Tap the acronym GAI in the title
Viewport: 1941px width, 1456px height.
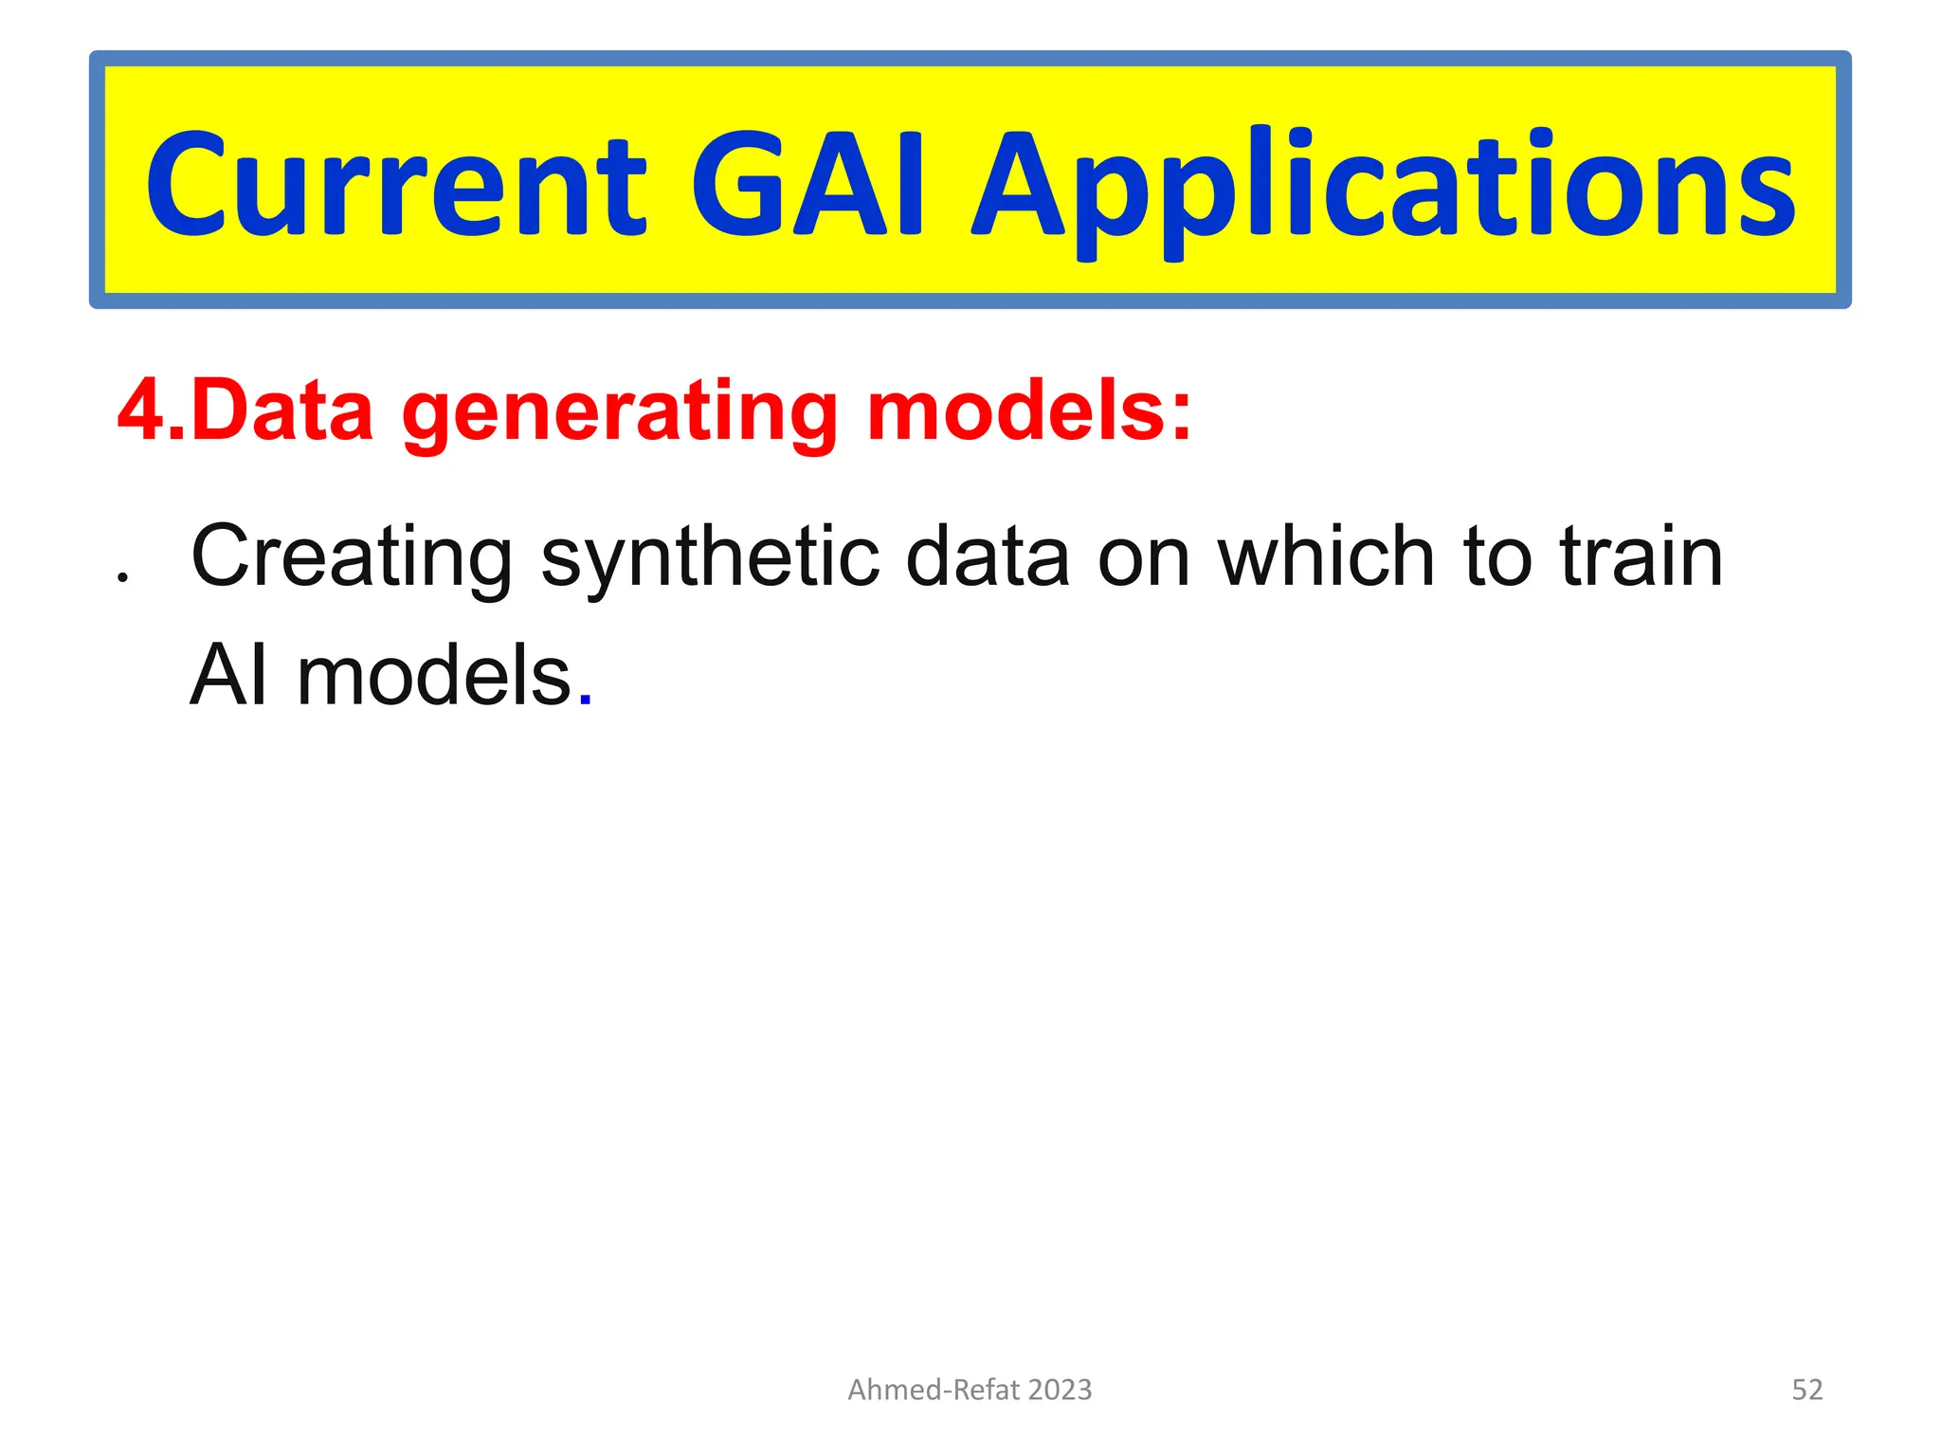(x=806, y=185)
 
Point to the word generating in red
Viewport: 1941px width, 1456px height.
(x=620, y=413)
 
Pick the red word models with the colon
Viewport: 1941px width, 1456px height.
(x=1028, y=411)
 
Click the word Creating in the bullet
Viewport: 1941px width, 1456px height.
(x=352, y=557)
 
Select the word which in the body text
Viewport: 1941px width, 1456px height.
(x=1326, y=557)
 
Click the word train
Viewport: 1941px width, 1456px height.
(x=1641, y=557)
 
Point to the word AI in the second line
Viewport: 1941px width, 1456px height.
(x=228, y=676)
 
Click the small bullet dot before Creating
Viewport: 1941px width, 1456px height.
(x=121, y=576)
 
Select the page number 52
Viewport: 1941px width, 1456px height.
(x=1806, y=1390)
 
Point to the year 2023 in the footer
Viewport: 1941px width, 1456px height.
(x=1060, y=1390)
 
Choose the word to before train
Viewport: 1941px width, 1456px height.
(x=1497, y=557)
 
